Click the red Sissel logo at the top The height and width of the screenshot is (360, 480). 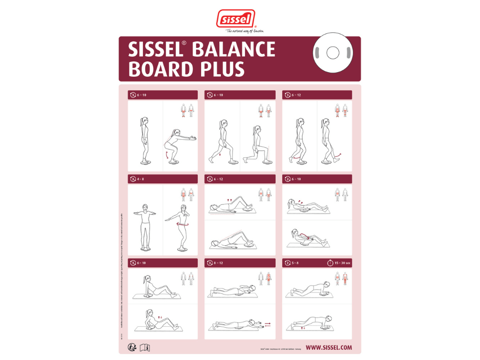pyautogui.click(x=235, y=19)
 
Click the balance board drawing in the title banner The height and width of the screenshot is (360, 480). pyautogui.click(x=332, y=52)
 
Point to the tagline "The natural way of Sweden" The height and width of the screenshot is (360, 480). pyautogui.click(x=245, y=31)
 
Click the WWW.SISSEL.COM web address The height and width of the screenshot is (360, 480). pyautogui.click(x=329, y=348)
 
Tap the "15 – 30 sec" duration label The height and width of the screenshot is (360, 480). pyautogui.click(x=343, y=263)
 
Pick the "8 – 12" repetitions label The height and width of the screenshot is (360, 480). pyautogui.click(x=217, y=263)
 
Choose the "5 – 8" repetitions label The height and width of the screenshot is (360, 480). pyautogui.click(x=295, y=263)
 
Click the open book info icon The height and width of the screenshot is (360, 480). pyautogui.click(x=145, y=347)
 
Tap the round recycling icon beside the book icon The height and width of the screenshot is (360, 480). pyautogui.click(x=133, y=347)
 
